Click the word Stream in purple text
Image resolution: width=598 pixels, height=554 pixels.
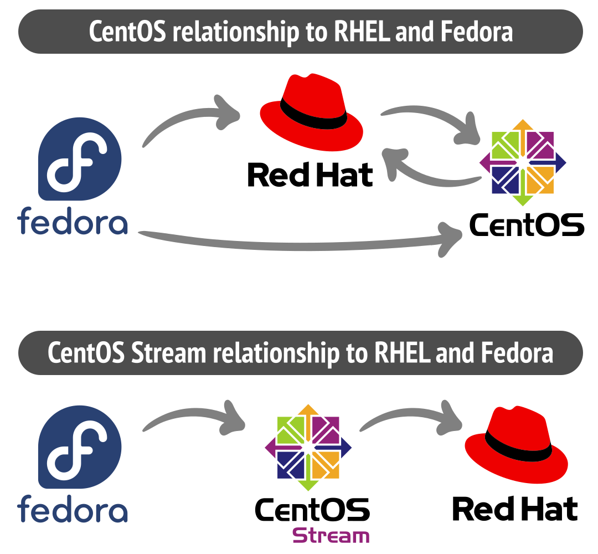pyautogui.click(x=331, y=536)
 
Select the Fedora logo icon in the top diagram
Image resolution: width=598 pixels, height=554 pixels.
pyautogui.click(x=80, y=160)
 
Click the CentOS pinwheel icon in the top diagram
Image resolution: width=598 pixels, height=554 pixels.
pyautogui.click(x=523, y=162)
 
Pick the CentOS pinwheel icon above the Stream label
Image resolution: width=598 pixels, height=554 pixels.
pyautogui.click(x=308, y=447)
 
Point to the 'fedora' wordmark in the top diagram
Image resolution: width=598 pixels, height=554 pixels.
pyautogui.click(x=73, y=220)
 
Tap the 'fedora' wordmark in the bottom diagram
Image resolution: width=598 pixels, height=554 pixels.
pyautogui.click(x=73, y=509)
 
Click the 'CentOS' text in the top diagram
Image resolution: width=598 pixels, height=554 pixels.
pyautogui.click(x=527, y=224)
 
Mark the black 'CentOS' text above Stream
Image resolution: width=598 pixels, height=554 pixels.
pyautogui.click(x=312, y=510)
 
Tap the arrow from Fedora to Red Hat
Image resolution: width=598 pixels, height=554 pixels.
pyautogui.click(x=188, y=119)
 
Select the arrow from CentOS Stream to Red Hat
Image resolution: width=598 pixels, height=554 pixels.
pyautogui.click(x=410, y=418)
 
